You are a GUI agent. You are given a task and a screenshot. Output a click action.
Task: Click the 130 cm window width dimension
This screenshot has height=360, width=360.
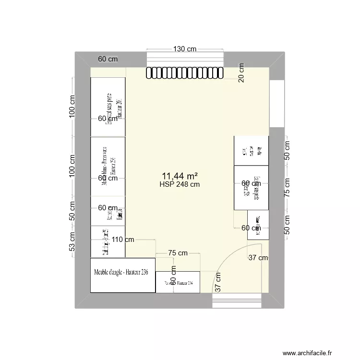185,49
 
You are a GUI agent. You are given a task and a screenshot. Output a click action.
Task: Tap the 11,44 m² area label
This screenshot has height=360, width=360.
180,176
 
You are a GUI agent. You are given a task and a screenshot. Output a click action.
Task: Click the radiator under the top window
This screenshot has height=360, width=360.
185,72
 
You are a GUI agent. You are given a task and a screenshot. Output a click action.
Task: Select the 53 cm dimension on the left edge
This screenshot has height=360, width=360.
72,241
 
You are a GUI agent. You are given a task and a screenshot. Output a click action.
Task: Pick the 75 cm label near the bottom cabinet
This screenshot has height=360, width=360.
178,253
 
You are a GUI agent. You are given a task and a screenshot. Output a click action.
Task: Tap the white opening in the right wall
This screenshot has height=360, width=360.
276,104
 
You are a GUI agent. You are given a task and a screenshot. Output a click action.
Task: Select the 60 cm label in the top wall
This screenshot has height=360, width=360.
108,60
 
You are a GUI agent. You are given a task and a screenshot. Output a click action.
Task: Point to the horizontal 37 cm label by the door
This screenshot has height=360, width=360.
258,258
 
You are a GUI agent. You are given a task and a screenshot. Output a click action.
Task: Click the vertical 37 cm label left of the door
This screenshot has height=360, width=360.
218,282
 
